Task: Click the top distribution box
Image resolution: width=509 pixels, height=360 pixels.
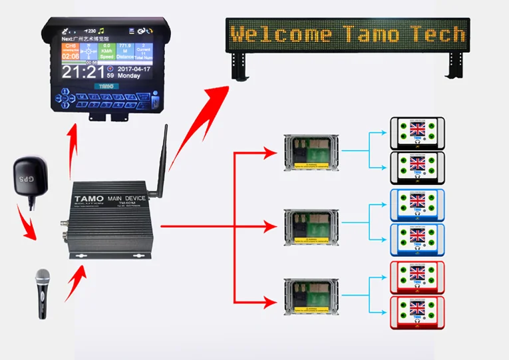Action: pyautogui.click(x=311, y=153)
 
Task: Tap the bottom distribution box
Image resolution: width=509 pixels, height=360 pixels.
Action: pyautogui.click(x=311, y=295)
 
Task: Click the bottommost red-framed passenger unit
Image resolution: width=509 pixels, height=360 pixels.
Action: pyautogui.click(x=417, y=312)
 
